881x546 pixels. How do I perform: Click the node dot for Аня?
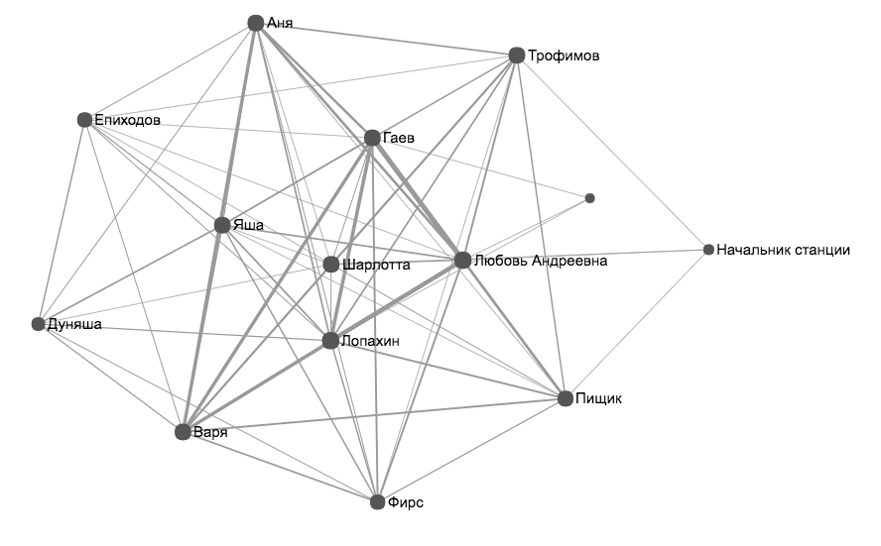[x=255, y=23]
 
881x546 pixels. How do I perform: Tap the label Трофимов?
[x=564, y=55]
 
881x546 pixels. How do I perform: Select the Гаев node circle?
[x=372, y=138]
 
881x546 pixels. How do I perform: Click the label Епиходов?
[x=127, y=120]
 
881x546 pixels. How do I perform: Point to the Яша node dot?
[x=222, y=225]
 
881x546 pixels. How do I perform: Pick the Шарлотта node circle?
[x=331, y=265]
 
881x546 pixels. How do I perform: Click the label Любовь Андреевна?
[x=539, y=261]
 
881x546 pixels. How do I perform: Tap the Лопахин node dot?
[x=331, y=341]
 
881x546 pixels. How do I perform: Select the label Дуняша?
[x=74, y=324]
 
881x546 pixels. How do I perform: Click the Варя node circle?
[x=183, y=432]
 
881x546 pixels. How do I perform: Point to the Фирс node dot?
[x=377, y=502]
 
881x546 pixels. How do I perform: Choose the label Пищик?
[x=598, y=398]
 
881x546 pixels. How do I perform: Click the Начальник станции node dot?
[x=708, y=250]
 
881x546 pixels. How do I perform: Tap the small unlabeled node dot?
[x=590, y=198]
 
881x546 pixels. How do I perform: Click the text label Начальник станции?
[x=784, y=250]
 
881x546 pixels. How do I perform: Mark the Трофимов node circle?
[x=516, y=55]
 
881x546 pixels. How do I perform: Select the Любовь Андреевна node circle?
[x=462, y=261]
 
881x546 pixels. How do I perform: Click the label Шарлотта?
[x=375, y=265]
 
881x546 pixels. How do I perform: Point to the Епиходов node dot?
[x=84, y=120]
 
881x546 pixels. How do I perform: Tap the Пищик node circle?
[x=566, y=398]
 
